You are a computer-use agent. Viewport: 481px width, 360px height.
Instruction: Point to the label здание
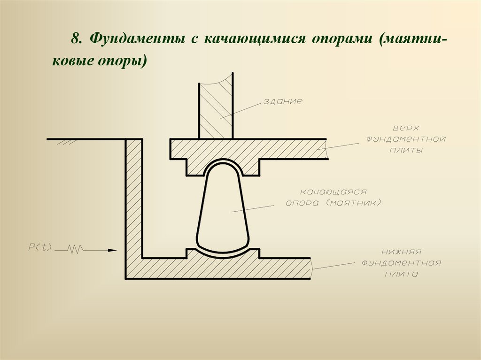pos(282,101)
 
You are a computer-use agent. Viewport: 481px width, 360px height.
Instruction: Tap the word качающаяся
pos(333,192)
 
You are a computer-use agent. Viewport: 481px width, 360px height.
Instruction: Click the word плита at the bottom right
pos(400,274)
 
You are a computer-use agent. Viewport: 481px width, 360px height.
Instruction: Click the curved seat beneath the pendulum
pos(223,254)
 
